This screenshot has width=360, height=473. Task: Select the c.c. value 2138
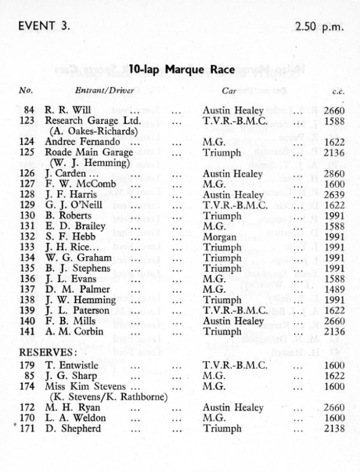pos(333,428)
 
